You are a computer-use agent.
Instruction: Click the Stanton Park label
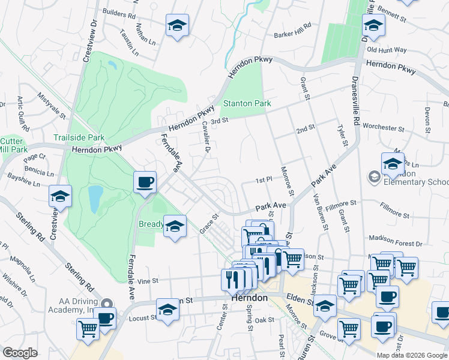[x=247, y=103]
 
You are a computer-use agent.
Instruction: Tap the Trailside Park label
[x=79, y=137]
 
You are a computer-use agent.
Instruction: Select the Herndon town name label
[x=249, y=298]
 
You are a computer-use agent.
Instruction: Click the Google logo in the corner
[x=20, y=353]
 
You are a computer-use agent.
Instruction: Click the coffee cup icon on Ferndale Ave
[x=144, y=182]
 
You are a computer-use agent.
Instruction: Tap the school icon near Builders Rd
[x=176, y=26]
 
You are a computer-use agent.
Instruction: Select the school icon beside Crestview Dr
[x=60, y=197]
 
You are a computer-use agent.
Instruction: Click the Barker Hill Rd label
[x=293, y=30]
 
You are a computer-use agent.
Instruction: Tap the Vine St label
[x=147, y=280]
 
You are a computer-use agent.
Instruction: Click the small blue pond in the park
[x=95, y=199]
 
